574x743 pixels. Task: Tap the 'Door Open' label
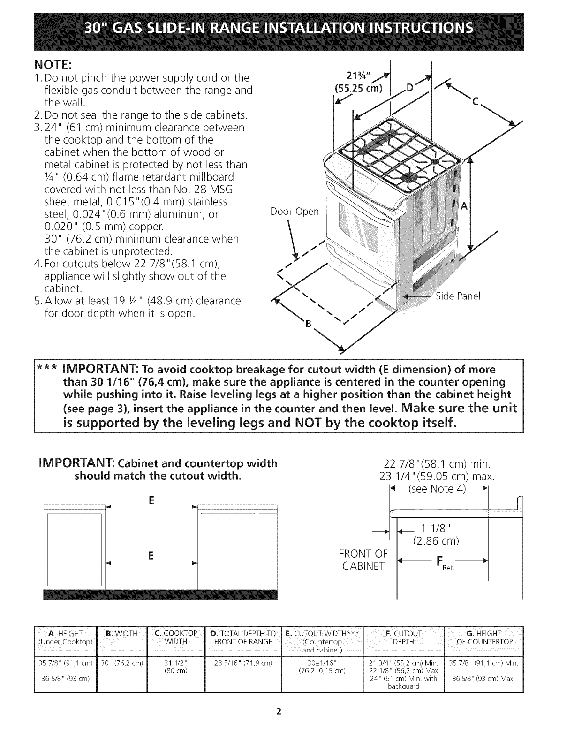tap(295, 212)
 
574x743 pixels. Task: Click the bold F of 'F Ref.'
tap(439, 561)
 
